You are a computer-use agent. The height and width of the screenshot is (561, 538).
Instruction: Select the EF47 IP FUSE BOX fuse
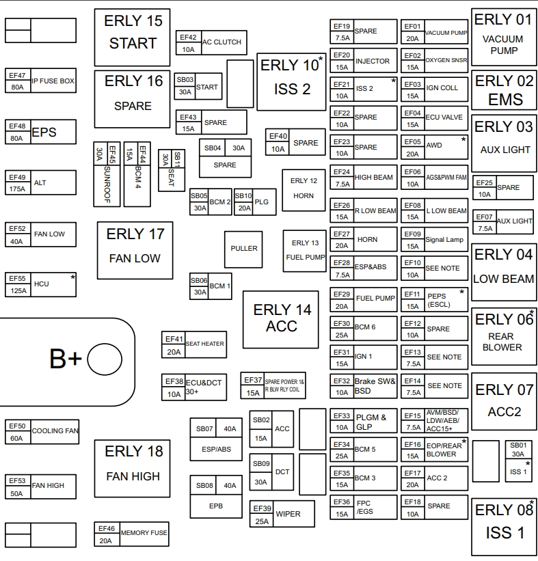tap(41, 81)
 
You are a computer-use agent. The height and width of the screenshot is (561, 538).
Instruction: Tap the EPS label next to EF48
tap(44, 132)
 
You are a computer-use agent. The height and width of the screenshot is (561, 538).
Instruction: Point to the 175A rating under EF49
tap(17, 189)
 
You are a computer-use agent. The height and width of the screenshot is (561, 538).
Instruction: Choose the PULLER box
tap(244, 249)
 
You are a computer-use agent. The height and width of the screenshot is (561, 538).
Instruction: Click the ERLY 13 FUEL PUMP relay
tap(305, 250)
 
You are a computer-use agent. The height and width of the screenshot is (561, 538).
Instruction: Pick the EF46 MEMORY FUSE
tap(131, 534)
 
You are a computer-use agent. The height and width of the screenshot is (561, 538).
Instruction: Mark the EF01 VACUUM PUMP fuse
tap(435, 32)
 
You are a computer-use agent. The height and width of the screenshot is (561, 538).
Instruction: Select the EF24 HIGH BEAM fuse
tap(364, 178)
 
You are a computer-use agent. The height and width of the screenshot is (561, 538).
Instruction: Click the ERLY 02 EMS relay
tap(505, 89)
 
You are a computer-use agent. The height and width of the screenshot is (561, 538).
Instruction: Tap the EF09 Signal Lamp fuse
tap(435, 240)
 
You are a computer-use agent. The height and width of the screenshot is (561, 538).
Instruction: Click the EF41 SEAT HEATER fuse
tap(194, 344)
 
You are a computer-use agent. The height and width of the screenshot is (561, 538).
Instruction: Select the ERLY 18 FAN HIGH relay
tap(133, 468)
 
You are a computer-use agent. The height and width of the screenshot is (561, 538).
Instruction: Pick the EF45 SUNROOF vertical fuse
tap(107, 174)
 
